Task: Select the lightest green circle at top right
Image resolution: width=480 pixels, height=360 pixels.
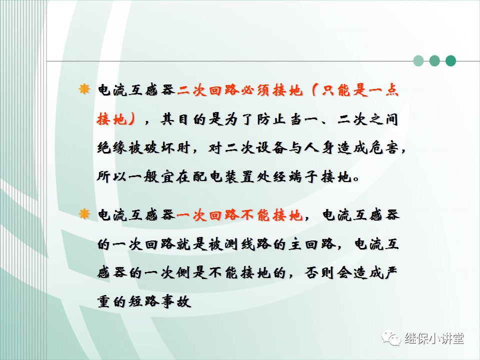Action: [x=418, y=61]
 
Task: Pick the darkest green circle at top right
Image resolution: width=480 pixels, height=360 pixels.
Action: [x=450, y=61]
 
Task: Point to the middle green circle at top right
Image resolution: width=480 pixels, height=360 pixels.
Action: [x=434, y=61]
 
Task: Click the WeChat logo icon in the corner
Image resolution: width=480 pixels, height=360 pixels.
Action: [x=391, y=338]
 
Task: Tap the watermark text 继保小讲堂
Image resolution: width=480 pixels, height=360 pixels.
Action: [x=434, y=338]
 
